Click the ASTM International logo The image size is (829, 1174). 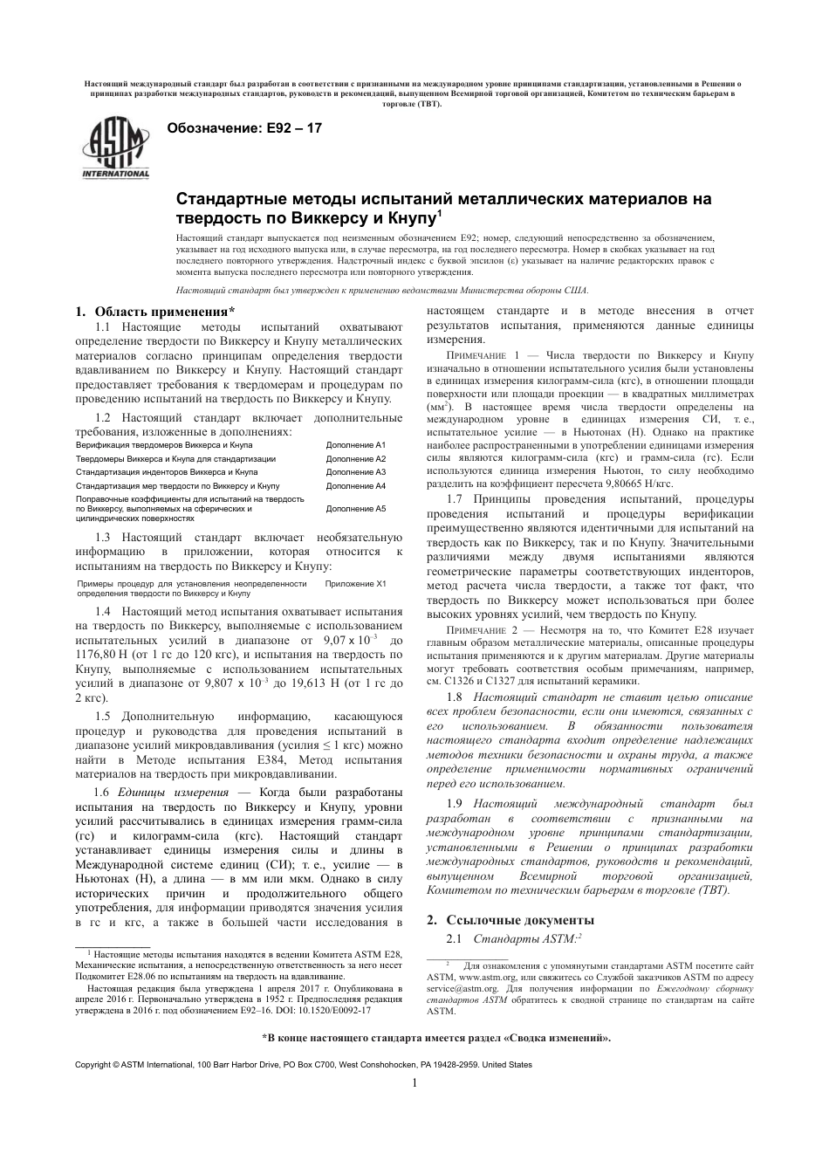pos(115,148)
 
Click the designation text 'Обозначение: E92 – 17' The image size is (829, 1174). pos(244,128)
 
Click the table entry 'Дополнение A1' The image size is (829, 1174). pos(355,445)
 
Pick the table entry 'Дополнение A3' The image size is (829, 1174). pos(355,472)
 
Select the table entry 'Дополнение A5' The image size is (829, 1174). pos(355,508)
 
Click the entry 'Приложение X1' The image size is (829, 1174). pos(355,583)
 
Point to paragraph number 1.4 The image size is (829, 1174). pos(103,612)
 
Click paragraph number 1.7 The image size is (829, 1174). pos(454,499)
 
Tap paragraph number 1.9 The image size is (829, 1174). pos(454,803)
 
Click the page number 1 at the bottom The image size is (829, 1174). pos(414,1084)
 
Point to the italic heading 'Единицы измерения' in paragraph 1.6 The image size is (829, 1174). pos(168,792)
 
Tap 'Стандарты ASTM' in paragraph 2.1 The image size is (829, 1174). pos(524,939)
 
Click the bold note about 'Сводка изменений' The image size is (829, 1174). pos(436,1038)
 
